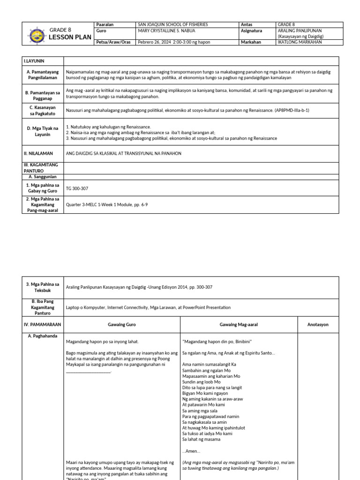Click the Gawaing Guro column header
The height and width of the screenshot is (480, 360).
pos(121,324)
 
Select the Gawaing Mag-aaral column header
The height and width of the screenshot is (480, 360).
pos(238,324)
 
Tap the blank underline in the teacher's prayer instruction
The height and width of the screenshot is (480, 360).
pos(88,372)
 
